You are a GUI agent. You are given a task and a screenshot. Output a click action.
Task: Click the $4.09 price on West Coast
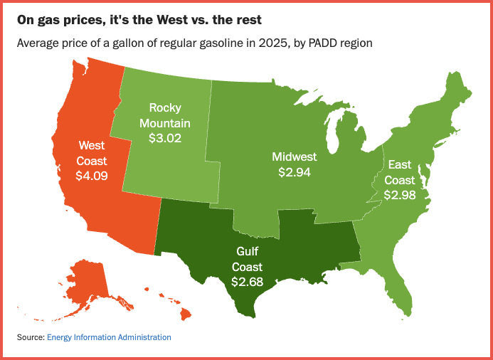[92, 174]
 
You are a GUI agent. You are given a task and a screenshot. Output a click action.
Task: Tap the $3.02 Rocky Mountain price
[165, 137]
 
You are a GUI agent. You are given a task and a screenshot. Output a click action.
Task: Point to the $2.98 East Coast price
[401, 194]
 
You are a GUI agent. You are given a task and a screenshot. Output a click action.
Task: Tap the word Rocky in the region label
[165, 107]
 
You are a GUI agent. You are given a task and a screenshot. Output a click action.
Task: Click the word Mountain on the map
[165, 122]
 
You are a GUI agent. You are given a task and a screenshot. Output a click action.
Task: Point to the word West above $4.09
[92, 145]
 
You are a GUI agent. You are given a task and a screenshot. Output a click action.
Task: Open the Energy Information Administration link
[109, 337]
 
